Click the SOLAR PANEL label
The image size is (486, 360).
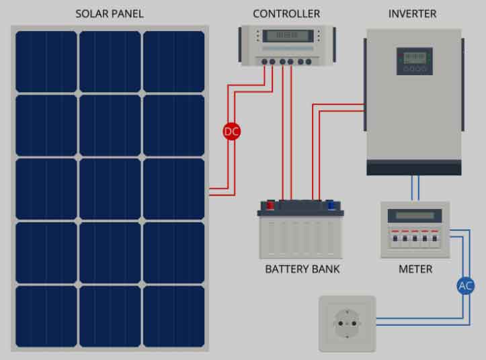click(x=110, y=13)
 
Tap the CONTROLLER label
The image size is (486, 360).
click(x=286, y=13)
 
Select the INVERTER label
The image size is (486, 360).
click(x=412, y=13)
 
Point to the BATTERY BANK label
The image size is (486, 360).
click(x=302, y=269)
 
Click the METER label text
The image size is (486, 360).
click(x=415, y=269)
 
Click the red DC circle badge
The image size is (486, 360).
click(x=231, y=132)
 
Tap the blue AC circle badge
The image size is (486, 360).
click(x=466, y=285)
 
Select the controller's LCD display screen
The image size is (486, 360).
click(x=288, y=36)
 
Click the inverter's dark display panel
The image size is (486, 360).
click(x=414, y=61)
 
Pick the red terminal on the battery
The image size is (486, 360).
click(x=271, y=205)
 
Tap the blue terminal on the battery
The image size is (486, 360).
click(x=331, y=205)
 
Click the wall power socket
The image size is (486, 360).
click(x=347, y=324)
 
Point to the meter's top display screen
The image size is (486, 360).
click(x=415, y=216)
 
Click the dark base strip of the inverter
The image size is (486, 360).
click(x=414, y=168)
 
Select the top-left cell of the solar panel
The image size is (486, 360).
click(x=46, y=61)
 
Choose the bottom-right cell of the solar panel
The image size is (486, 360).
click(x=173, y=316)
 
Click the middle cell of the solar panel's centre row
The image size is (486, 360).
click(x=110, y=189)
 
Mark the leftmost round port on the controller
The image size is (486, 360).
click(x=264, y=62)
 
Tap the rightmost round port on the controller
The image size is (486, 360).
click(x=309, y=62)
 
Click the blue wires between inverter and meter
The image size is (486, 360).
click(x=415, y=188)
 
